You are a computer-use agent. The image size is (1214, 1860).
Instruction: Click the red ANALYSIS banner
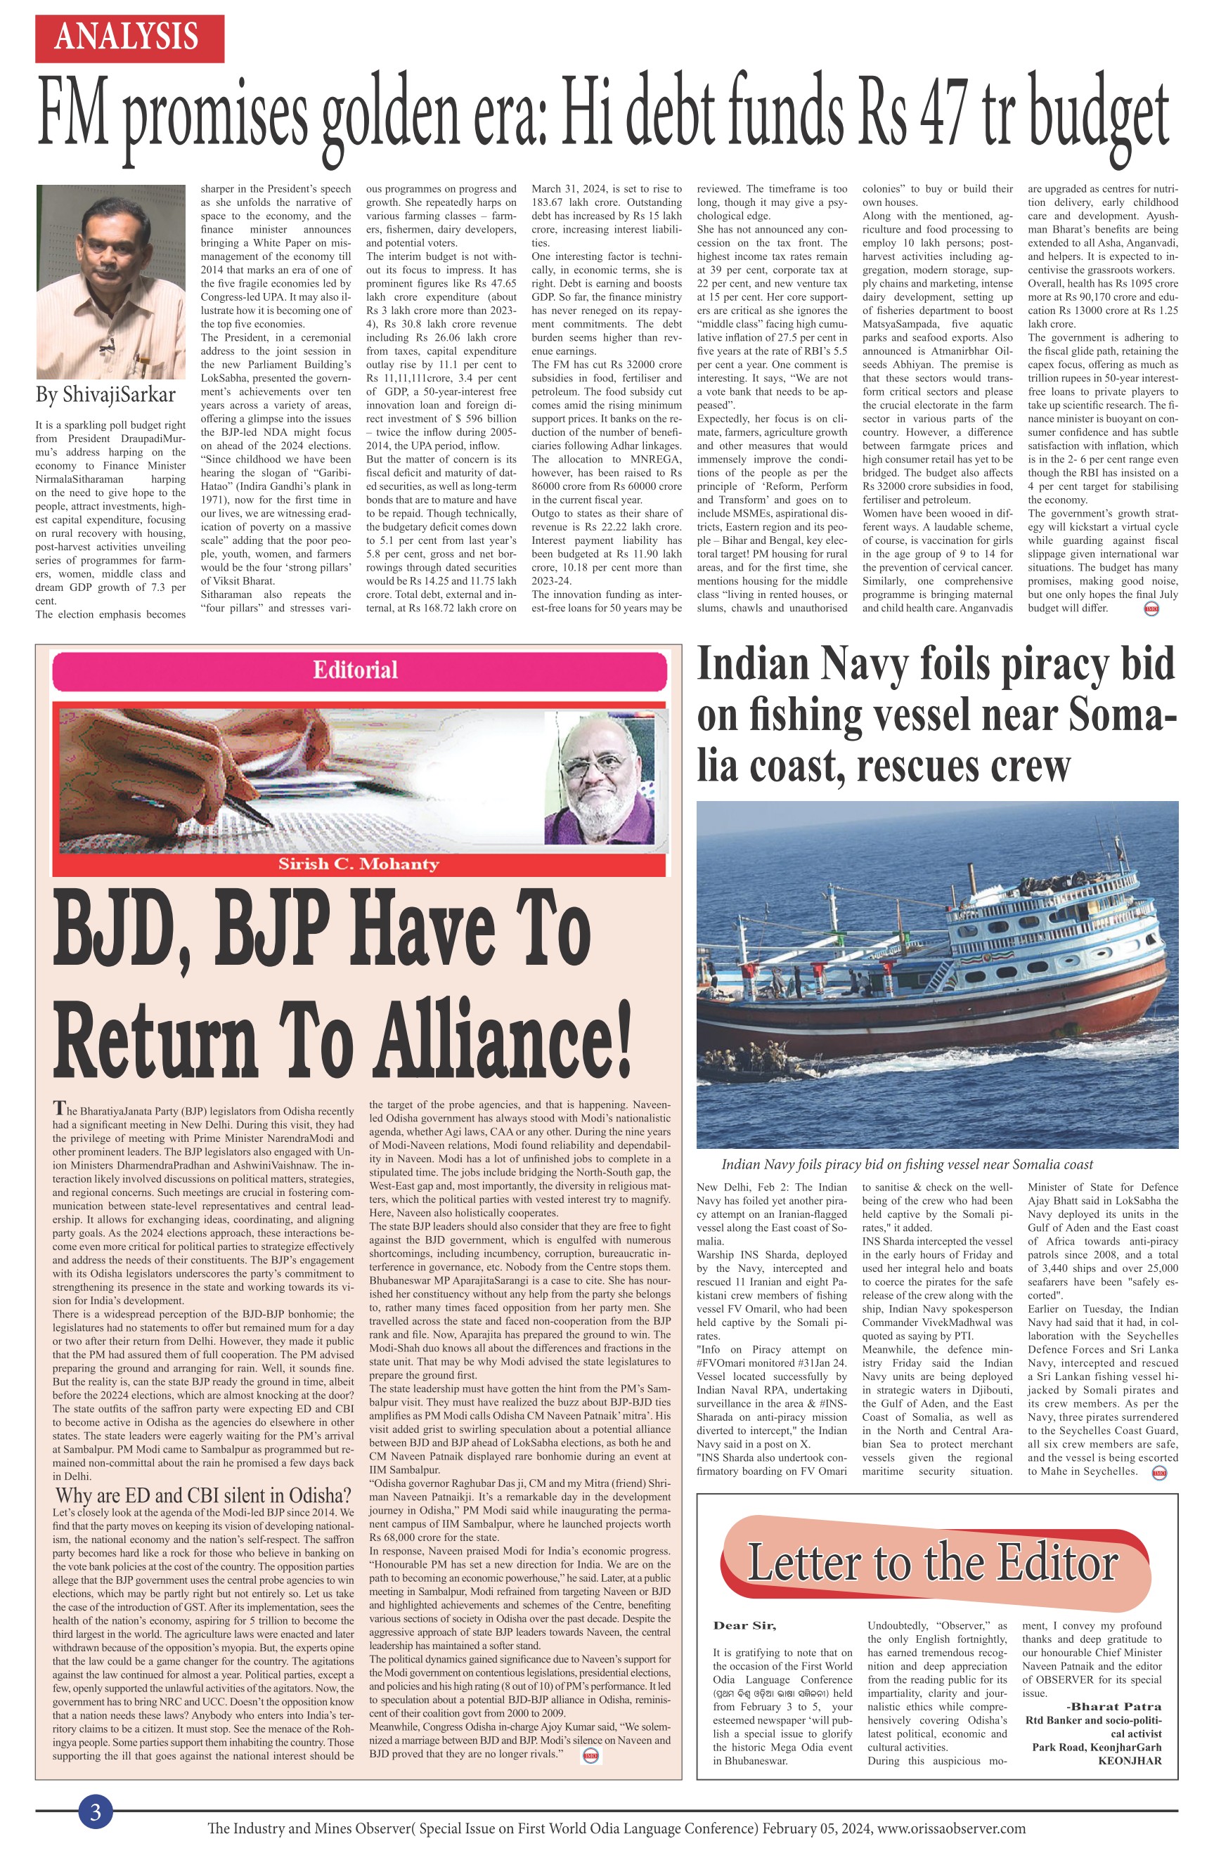pos(129,37)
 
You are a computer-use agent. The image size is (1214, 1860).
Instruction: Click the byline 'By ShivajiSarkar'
pos(105,395)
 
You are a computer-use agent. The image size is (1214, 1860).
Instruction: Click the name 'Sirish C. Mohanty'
pos(358,864)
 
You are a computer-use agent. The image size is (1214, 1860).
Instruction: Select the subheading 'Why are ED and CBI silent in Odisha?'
pos(203,1496)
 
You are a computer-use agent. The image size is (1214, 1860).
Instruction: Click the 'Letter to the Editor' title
pos(933,1562)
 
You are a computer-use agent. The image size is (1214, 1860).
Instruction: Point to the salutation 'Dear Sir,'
pos(744,1625)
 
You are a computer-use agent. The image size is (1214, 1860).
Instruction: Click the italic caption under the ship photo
pos(907,1164)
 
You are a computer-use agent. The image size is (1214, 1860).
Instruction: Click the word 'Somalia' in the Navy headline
pos(1110,715)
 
